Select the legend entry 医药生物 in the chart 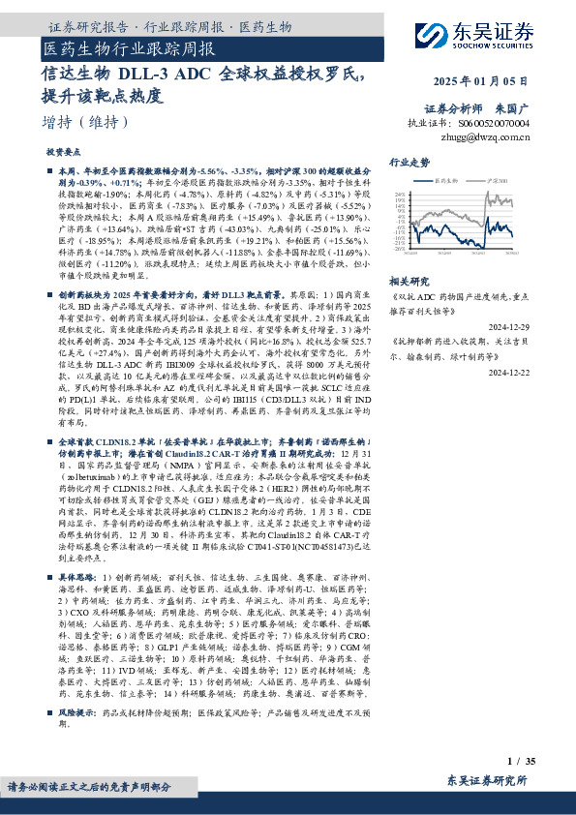pos(446,180)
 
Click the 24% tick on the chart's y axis pos(401,195)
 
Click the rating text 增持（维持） pos(86,122)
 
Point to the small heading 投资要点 pos(63,153)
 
